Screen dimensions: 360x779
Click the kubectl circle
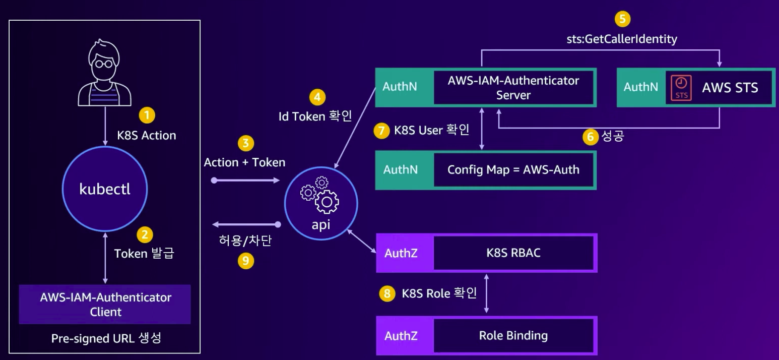click(105, 189)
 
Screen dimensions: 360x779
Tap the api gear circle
click(321, 203)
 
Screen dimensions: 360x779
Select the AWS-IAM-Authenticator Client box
click(105, 304)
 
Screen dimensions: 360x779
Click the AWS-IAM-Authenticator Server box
click(513, 88)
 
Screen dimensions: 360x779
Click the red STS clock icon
click(681, 88)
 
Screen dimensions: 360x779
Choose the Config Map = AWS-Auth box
click(513, 170)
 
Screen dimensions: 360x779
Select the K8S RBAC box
click(513, 253)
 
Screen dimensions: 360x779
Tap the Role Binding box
click(513, 335)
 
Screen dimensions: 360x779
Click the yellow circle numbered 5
click(622, 19)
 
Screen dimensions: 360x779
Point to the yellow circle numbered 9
click(245, 261)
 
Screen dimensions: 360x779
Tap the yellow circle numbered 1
click(147, 115)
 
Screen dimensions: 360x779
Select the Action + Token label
click(244, 162)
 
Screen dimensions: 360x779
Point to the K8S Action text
click(147, 135)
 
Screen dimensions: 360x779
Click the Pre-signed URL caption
click(106, 338)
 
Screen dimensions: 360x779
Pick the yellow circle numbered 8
click(386, 293)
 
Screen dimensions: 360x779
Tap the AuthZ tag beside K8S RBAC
click(401, 253)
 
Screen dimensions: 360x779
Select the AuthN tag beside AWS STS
click(640, 87)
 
